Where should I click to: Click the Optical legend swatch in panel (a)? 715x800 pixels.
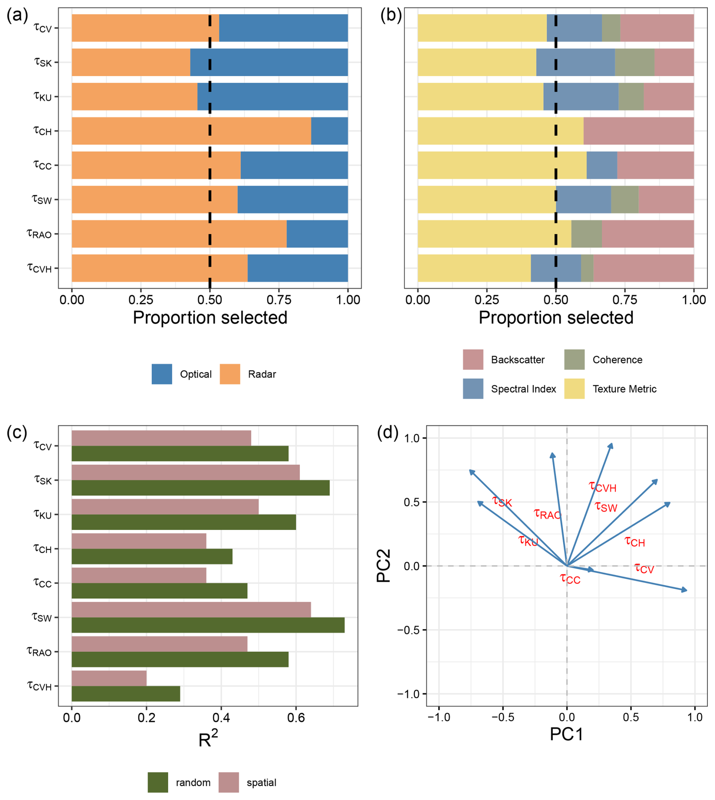(161, 374)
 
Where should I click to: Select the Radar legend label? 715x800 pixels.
(262, 374)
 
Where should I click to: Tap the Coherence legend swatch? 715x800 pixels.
(574, 359)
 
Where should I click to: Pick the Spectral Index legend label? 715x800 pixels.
(523, 389)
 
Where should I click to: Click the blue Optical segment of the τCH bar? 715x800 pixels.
(329, 131)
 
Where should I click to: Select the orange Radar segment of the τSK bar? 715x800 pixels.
(131, 62)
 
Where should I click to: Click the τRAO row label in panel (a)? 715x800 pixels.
(39, 234)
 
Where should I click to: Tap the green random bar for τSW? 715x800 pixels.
(208, 625)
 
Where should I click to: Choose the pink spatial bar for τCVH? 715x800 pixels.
(109, 678)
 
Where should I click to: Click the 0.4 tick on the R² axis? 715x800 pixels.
(221, 718)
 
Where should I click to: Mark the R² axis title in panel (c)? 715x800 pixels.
(208, 739)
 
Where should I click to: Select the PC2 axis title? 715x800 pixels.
(384, 565)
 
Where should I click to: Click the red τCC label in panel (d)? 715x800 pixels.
(570, 579)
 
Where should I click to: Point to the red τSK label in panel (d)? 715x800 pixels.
(502, 502)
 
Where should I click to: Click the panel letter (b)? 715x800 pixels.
(391, 16)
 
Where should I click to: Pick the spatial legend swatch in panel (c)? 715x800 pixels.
(229, 782)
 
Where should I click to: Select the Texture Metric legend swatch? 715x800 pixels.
(574, 389)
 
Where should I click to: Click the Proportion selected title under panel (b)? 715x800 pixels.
(556, 318)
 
